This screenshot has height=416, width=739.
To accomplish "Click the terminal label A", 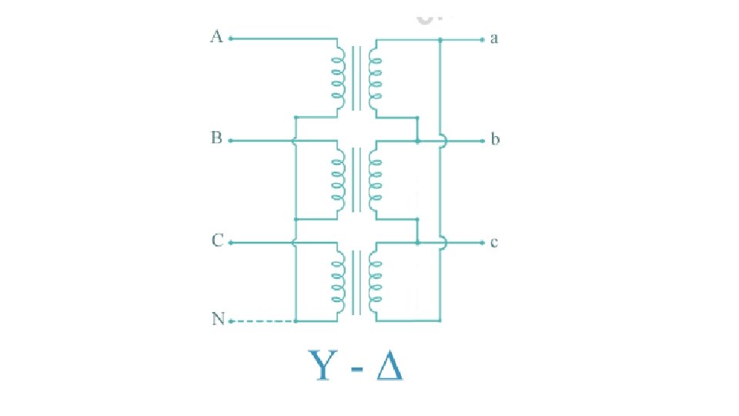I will tap(216, 37).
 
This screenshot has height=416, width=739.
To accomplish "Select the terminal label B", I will tap(216, 139).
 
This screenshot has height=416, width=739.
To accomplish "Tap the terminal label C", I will tap(217, 241).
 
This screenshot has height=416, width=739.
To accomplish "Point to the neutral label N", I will tap(218, 319).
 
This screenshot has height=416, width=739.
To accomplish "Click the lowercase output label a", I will tap(494, 38).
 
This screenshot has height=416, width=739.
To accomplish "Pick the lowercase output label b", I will tap(495, 140).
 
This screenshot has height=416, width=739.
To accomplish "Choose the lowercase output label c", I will tap(494, 243).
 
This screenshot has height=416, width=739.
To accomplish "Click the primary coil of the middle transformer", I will tap(337, 179).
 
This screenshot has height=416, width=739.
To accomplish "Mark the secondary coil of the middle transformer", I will tap(375, 179).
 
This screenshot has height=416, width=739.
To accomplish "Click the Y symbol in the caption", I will tap(322, 365).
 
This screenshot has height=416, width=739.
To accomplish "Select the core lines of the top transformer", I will tap(356, 77).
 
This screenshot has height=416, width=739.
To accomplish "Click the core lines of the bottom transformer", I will tap(356, 281).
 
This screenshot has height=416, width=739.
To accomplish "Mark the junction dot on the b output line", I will tap(416, 142).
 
